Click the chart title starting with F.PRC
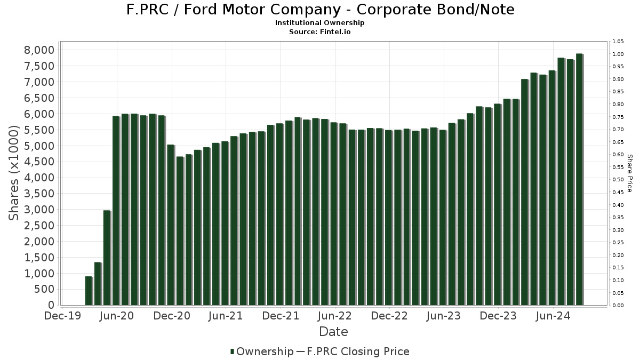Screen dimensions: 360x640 point(320,10)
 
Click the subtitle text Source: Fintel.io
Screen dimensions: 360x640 point(320,31)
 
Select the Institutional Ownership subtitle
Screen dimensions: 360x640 point(320,23)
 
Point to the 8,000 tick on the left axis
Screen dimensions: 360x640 point(40,50)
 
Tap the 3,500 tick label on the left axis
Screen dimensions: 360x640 point(40,194)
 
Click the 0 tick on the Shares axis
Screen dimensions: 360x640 point(51,305)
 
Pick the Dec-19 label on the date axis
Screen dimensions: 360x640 point(63,316)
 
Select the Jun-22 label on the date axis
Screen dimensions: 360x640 point(334,316)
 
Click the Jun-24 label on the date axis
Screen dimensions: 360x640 point(553,316)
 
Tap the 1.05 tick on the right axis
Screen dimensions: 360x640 point(618,42)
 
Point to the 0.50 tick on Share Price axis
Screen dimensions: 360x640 point(618,180)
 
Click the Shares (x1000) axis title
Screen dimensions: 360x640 point(14,173)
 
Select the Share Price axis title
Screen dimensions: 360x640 point(629,173)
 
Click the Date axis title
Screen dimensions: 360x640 point(333,332)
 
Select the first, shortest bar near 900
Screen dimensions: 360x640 point(89,291)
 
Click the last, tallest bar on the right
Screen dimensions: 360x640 point(579,179)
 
